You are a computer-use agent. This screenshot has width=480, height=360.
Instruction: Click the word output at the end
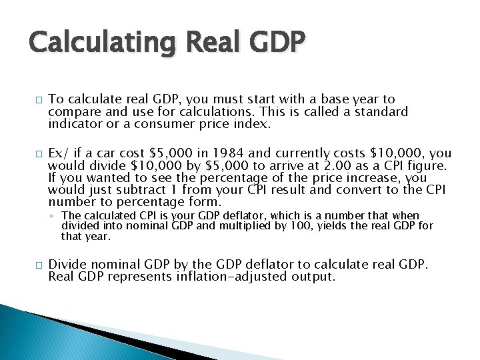[x=315, y=276]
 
